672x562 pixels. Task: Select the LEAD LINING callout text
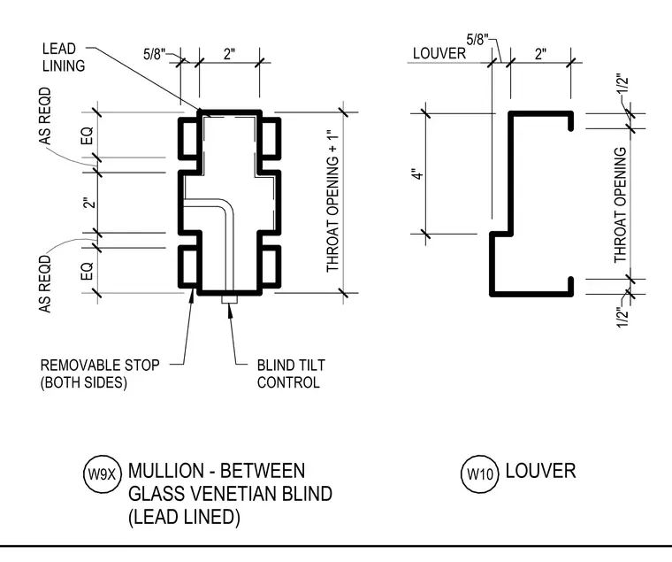coord(64,57)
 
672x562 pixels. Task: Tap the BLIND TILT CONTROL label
coord(291,373)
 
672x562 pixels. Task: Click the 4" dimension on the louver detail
coord(417,174)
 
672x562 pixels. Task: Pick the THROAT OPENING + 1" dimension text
coord(333,204)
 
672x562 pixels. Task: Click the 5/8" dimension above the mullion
coord(154,54)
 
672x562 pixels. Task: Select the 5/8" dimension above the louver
coord(477,40)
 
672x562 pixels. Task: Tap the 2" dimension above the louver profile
coord(540,54)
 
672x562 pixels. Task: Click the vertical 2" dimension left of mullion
coord(88,203)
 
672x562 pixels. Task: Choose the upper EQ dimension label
coord(87,135)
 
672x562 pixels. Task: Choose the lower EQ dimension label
coord(87,271)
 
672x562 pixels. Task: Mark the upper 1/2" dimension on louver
coord(623,84)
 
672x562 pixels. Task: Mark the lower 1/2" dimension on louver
coord(622,317)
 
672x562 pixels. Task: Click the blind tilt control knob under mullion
coord(229,299)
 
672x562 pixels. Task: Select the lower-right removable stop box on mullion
coord(271,266)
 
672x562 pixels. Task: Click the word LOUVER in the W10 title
coord(540,471)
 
